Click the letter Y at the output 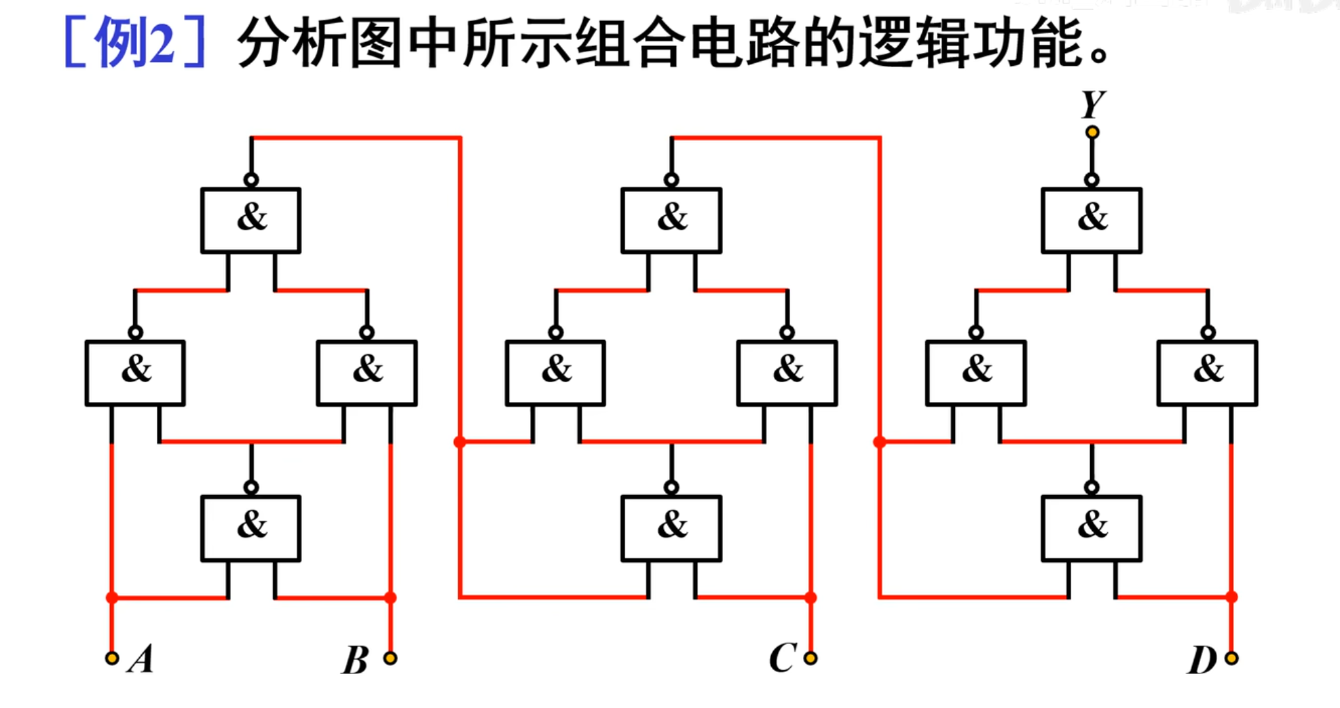pos(1093,105)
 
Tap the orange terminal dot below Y pos(1092,132)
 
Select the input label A pos(141,658)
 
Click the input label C pos(783,658)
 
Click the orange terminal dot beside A pos(112,658)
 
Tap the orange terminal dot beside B pos(390,658)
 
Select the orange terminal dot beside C pos(811,658)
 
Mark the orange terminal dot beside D pos(1231,658)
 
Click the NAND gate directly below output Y pos(1092,220)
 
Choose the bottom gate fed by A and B pos(250,528)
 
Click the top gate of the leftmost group pos(250,220)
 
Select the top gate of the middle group pos(671,220)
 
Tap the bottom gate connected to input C pos(671,528)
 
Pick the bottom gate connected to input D pos(1092,528)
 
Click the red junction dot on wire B pos(390,597)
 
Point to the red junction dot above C pos(811,597)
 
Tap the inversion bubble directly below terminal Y pos(1092,180)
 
